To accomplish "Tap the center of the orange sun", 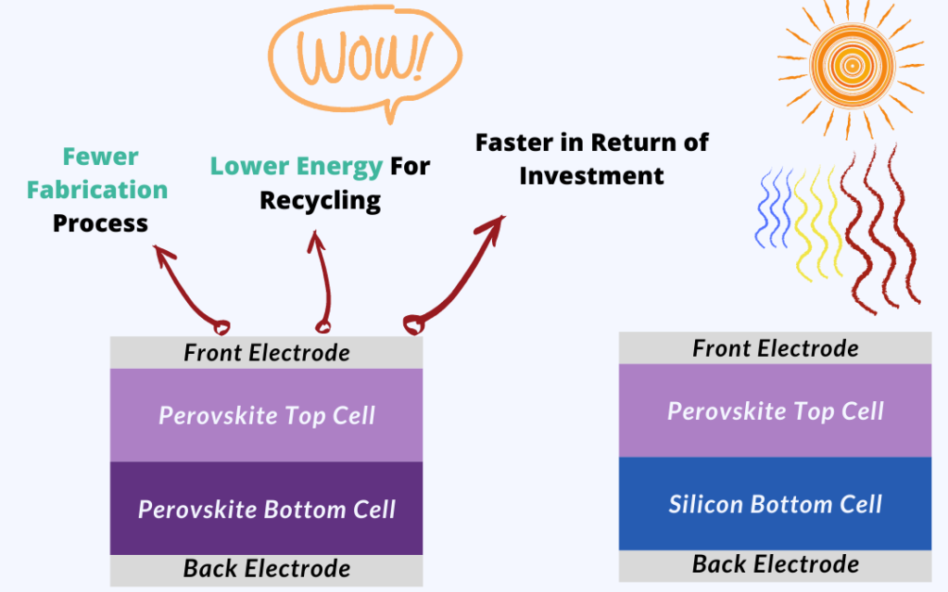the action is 852,65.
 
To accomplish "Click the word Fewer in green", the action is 100,157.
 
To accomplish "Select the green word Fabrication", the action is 97,190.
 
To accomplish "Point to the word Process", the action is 100,223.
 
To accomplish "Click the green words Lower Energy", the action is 297,166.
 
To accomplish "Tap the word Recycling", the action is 321,200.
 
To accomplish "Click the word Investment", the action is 591,176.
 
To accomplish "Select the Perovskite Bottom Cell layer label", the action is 267,510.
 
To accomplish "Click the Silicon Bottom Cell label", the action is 775,504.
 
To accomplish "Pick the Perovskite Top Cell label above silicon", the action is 775,411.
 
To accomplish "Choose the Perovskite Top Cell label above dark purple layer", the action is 267,415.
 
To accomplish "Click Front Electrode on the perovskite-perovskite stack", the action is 267,353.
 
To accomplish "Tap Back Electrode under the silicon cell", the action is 775,563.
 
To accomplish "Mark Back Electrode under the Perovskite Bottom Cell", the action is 267,569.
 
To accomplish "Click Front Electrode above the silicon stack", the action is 775,348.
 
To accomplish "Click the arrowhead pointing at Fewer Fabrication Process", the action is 161,252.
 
